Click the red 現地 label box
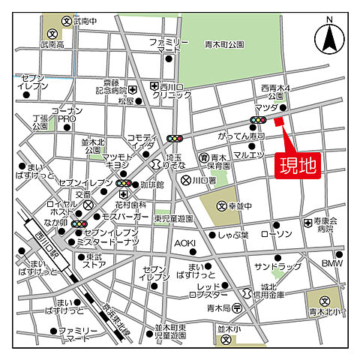pyautogui.click(x=298, y=163)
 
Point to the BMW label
pyautogui.click(x=331, y=263)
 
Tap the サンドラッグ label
pyautogui.click(x=275, y=266)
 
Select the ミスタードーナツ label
pyautogui.click(x=112, y=242)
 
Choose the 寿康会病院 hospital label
pyautogui.click(x=327, y=226)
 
